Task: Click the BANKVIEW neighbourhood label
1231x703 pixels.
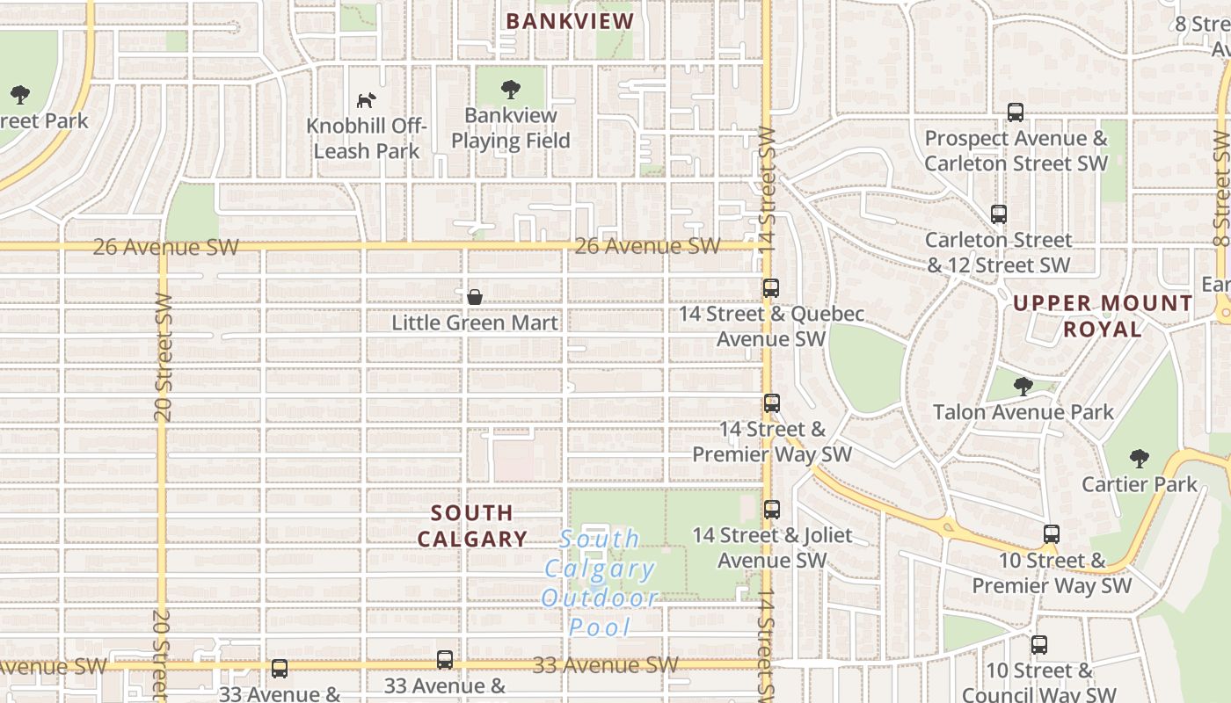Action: click(570, 21)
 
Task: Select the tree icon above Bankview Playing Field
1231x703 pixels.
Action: click(510, 89)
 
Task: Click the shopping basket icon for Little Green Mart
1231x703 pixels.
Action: click(475, 297)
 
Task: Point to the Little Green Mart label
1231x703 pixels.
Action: click(475, 323)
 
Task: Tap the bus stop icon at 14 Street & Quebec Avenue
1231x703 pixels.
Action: click(771, 287)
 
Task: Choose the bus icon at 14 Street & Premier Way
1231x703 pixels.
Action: click(772, 403)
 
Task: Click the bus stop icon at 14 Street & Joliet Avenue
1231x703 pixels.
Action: click(772, 509)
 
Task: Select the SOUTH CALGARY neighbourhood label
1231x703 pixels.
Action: click(472, 525)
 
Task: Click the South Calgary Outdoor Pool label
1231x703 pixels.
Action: click(600, 583)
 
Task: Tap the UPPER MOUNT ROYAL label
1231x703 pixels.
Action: click(1103, 316)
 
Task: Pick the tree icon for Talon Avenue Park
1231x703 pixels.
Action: click(1023, 386)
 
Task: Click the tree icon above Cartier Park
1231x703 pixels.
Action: click(1139, 458)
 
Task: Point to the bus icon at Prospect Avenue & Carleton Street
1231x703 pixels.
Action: click(1016, 112)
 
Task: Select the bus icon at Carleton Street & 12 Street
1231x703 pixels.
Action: click(999, 214)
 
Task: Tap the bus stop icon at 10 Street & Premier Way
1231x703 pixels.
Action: click(1052, 533)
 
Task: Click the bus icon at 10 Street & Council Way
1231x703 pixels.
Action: click(1039, 645)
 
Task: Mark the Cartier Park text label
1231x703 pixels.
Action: click(1140, 484)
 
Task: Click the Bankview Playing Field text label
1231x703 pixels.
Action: click(511, 128)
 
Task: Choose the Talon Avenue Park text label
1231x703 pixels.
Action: click(1023, 411)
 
